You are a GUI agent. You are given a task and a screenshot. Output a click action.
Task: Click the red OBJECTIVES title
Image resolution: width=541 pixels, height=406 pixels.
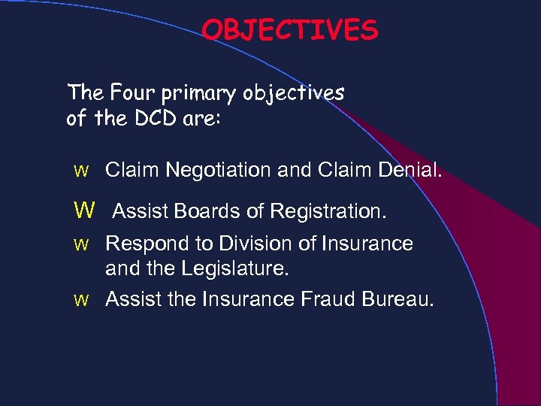point(290,30)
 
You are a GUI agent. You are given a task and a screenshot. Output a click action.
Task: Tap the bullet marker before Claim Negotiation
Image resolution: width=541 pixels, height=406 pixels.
point(82,172)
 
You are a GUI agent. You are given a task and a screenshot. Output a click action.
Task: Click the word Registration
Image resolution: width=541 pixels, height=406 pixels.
point(328,213)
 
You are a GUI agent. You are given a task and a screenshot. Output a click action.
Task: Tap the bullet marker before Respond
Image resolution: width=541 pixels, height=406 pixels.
point(82,244)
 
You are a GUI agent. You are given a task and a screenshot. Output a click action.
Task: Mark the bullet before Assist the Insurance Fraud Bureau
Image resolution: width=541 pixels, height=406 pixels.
point(82,300)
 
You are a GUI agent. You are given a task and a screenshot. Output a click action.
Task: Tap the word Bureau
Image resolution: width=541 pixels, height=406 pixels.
point(397,299)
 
